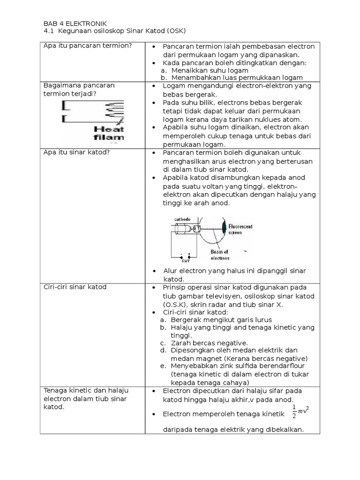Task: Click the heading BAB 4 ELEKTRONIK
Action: coord(75,23)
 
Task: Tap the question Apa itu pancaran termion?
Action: coord(87,46)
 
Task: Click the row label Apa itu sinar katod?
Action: coord(73,152)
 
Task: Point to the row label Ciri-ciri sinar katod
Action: coord(75,286)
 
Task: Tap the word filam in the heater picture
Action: coord(108,137)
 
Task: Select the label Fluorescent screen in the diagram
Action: coord(240,229)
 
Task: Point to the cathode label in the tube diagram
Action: coord(182,218)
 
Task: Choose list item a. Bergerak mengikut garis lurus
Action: coord(216,319)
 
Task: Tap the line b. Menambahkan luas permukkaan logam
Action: coord(231,78)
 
